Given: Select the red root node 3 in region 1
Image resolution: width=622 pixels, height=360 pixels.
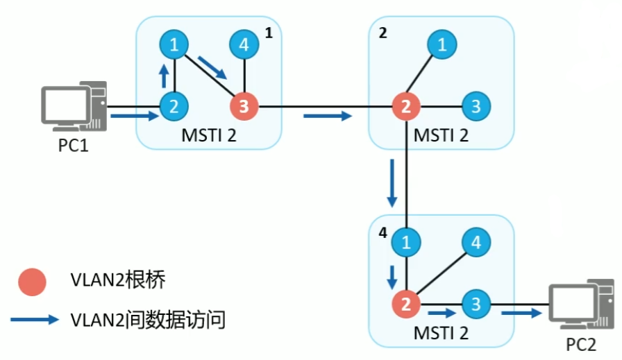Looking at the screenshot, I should [x=244, y=107].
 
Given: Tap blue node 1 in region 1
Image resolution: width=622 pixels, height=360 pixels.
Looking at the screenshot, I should [x=174, y=46].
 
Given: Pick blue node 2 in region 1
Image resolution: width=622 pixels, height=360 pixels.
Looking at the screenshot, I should [x=174, y=107].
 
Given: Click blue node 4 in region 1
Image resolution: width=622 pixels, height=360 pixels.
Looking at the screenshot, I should [x=244, y=46].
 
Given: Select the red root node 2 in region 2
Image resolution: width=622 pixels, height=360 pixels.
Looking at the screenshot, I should [x=405, y=107].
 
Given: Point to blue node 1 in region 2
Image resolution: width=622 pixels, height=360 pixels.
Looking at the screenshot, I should [x=441, y=46].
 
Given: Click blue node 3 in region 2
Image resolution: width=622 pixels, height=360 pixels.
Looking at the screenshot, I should [x=476, y=107].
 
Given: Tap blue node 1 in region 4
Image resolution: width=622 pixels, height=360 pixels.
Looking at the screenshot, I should [x=405, y=243].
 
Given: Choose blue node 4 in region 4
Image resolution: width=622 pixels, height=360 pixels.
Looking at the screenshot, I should [x=476, y=243].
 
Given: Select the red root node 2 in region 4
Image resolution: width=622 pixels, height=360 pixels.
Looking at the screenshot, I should [x=405, y=304].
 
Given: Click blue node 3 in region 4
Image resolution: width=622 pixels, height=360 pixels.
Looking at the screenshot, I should [x=476, y=304].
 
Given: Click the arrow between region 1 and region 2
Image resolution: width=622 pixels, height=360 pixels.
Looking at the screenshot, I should [x=327, y=116].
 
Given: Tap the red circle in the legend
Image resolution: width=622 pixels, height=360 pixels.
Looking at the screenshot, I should [x=31, y=282].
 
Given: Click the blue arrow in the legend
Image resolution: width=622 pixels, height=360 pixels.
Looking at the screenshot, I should [x=34, y=320].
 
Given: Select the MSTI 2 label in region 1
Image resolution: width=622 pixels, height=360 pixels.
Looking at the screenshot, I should [x=209, y=135].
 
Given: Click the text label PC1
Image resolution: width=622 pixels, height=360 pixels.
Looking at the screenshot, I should [x=74, y=148].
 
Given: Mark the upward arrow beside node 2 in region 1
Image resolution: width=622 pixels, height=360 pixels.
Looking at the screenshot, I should [x=163, y=75].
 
